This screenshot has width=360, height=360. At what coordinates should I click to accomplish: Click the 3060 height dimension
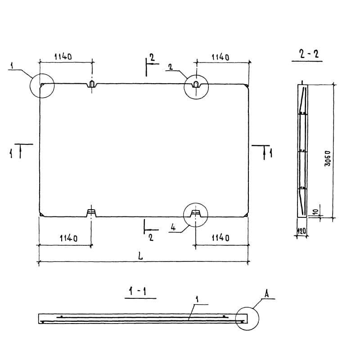point(328,158)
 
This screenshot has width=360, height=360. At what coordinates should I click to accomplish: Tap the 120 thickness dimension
point(301,231)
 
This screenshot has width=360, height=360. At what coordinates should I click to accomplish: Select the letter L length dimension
point(140,256)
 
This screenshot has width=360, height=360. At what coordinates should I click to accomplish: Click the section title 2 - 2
point(309,54)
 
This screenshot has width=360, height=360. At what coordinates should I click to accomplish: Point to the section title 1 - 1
point(138,291)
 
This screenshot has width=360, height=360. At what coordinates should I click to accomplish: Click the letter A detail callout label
point(266,294)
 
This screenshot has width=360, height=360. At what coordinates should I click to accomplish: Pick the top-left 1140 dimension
point(63,57)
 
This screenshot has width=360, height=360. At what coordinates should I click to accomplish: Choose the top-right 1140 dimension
point(220,57)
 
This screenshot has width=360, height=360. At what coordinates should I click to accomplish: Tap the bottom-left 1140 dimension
point(68,238)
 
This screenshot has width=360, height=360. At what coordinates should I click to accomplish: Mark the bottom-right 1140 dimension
point(220,238)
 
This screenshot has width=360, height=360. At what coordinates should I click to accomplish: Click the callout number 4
point(173,227)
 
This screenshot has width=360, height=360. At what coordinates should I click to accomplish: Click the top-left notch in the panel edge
point(92,84)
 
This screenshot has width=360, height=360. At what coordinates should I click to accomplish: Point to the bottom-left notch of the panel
point(91,213)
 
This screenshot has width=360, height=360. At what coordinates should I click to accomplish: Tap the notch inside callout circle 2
point(196,84)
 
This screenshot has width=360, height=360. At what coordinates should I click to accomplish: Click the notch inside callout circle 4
point(195,213)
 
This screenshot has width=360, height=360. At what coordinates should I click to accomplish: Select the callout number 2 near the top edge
point(171,67)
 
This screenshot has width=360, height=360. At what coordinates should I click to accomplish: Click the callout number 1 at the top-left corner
point(12,65)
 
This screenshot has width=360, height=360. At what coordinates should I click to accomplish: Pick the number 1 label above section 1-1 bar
point(197,299)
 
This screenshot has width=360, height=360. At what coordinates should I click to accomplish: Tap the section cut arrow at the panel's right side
point(264,153)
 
